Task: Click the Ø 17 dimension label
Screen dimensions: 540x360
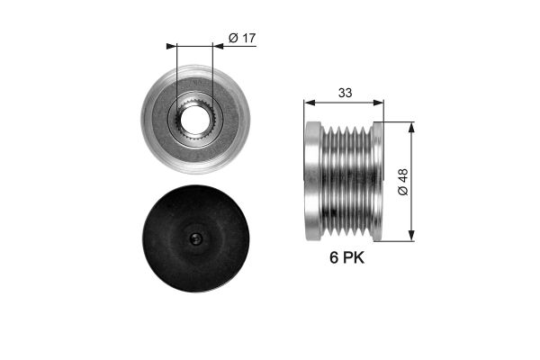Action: tap(242, 38)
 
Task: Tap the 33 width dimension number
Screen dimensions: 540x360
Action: tap(345, 93)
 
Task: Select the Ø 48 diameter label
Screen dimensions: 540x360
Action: tap(403, 182)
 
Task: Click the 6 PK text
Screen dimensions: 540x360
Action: tap(346, 257)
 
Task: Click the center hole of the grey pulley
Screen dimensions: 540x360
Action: tap(195, 120)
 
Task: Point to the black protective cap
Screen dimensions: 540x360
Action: tap(195, 238)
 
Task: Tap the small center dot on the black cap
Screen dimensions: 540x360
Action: tap(196, 238)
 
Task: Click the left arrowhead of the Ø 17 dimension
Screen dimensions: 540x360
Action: tap(171, 46)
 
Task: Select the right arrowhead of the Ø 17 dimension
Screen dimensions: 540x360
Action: tap(218, 46)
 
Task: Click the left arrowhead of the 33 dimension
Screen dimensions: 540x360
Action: tap(310, 103)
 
